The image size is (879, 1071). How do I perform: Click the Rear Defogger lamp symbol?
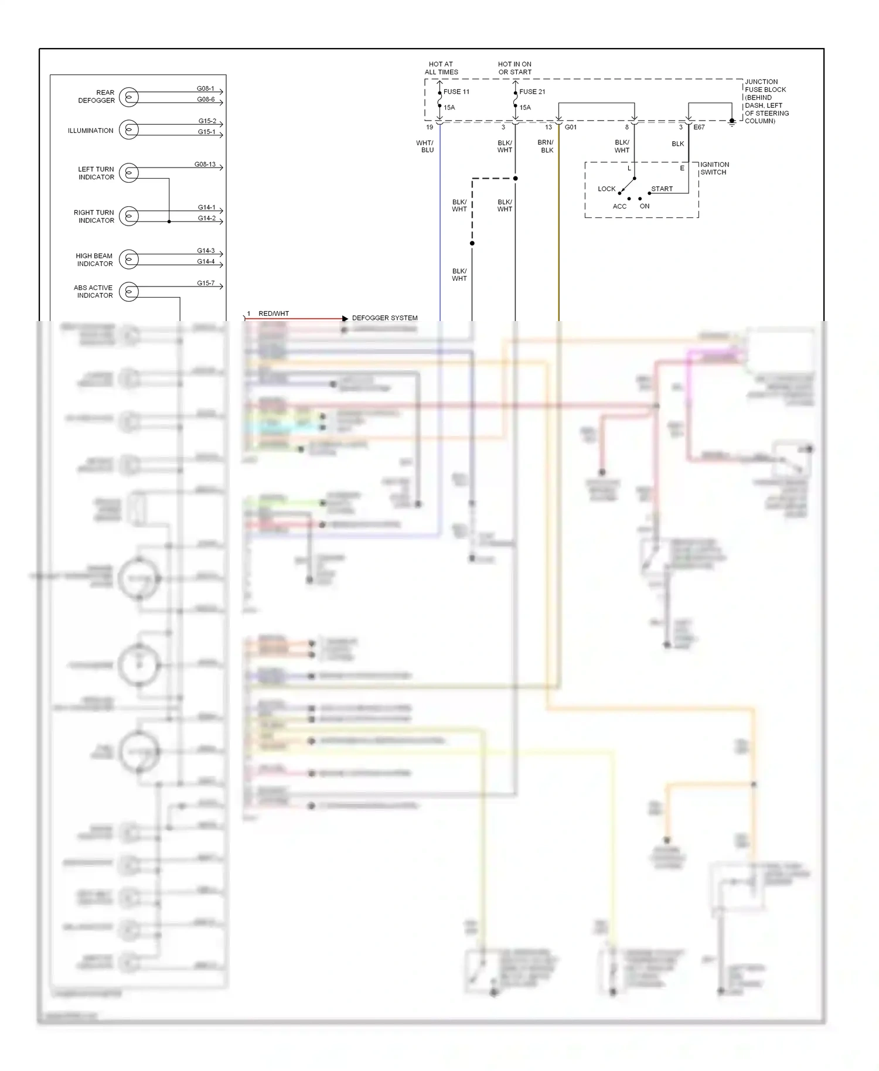[129, 97]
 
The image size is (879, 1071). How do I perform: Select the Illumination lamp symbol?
[129, 129]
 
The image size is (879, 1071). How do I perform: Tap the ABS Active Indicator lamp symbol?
[129, 292]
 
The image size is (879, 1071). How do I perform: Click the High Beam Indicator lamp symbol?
[129, 260]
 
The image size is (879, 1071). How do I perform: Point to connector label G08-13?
[205, 165]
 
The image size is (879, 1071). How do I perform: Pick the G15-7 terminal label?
[206, 284]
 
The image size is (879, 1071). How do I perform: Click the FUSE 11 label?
[456, 92]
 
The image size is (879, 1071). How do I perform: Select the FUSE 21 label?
[532, 92]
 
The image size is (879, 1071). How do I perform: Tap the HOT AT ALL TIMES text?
[441, 68]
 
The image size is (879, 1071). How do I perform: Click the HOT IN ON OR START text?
[515, 68]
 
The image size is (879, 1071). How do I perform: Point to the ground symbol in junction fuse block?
[731, 123]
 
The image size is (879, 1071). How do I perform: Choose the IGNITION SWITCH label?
[714, 169]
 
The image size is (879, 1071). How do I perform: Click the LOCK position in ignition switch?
[607, 189]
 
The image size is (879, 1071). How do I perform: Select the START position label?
[662, 189]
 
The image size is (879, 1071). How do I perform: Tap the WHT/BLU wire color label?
[425, 146]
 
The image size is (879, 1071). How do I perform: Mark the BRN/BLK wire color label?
[546, 146]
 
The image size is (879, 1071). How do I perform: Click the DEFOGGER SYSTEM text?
[384, 318]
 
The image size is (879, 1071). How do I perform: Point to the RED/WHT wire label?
[274, 314]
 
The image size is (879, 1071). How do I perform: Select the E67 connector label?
[699, 127]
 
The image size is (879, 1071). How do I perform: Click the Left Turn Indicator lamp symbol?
[129, 173]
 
